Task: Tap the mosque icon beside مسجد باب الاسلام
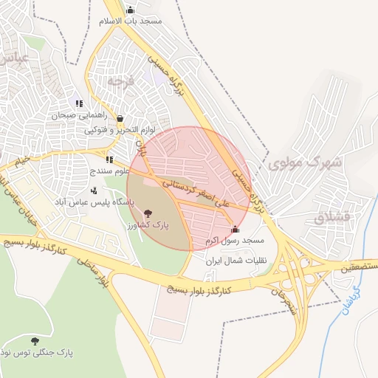(131, 10)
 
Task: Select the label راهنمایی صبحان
(80, 116)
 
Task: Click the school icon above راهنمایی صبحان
(79, 103)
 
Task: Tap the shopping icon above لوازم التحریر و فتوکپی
(120, 118)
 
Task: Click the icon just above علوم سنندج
(109, 159)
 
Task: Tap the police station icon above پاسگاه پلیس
(93, 190)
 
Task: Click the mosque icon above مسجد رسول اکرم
(235, 229)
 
